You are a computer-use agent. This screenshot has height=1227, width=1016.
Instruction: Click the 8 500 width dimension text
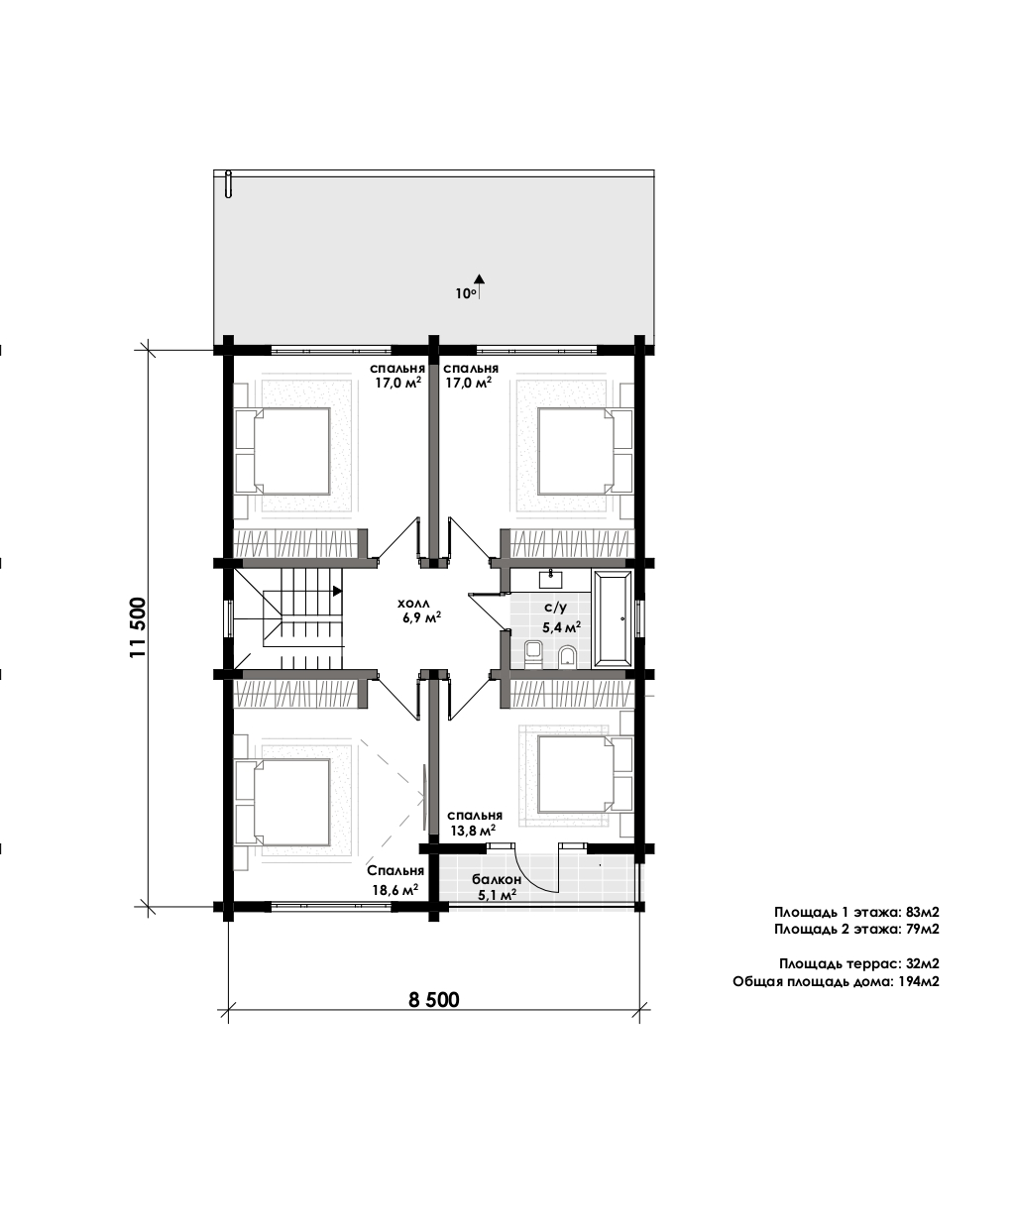(x=434, y=1000)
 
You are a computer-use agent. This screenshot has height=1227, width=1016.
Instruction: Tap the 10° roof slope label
(x=466, y=293)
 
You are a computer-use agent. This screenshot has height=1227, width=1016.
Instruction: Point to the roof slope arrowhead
(x=480, y=279)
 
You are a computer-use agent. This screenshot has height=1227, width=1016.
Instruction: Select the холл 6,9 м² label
(x=419, y=611)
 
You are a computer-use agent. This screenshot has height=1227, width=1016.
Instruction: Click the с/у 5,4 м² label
(x=561, y=617)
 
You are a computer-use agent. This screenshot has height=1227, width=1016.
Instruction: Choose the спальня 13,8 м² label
(x=475, y=823)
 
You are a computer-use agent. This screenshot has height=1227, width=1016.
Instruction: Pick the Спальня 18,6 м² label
(x=395, y=880)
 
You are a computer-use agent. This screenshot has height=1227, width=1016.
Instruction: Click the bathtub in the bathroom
(x=614, y=618)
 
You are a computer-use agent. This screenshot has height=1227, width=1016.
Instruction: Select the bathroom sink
(x=550, y=578)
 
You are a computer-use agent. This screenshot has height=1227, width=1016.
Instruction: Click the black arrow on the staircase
(x=337, y=591)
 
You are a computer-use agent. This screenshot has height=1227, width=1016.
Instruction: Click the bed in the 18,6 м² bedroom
(x=282, y=803)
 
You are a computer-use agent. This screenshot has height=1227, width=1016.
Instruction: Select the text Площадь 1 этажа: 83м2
(x=856, y=912)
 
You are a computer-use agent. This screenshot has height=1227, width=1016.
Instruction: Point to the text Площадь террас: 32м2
(x=859, y=963)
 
